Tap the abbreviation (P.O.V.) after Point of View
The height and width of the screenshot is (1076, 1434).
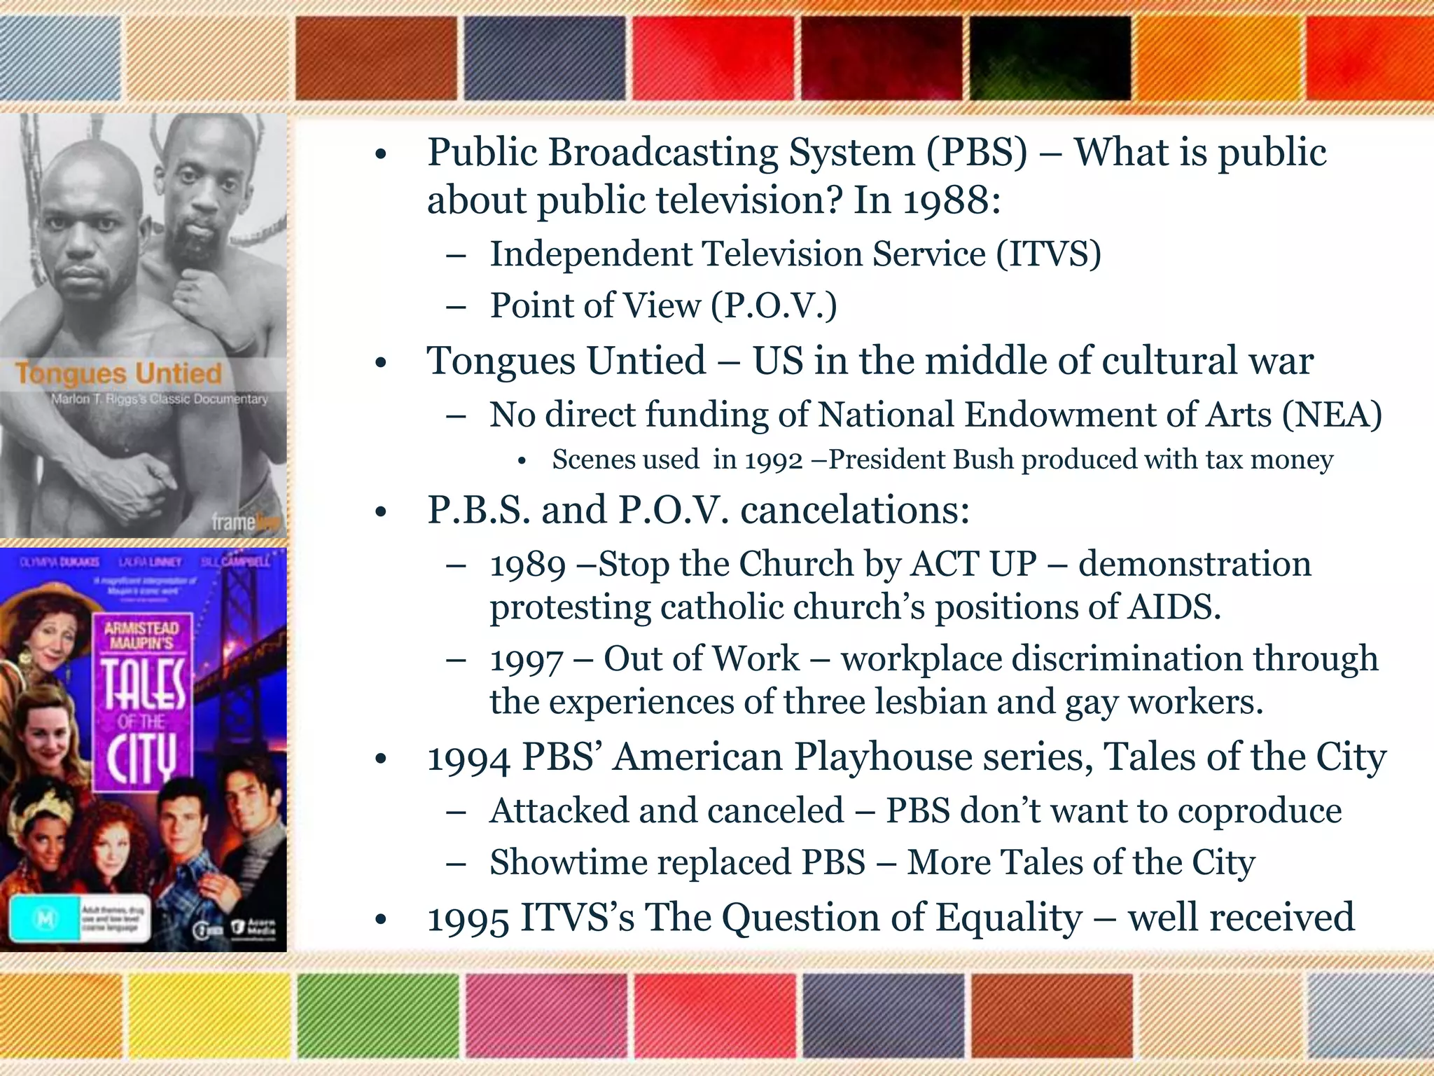pyautogui.click(x=774, y=306)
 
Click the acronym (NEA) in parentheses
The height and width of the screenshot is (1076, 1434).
pyautogui.click(x=1332, y=415)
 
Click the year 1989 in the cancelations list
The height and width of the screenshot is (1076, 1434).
pyautogui.click(x=527, y=565)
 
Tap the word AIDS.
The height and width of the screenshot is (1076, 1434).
pyautogui.click(x=1174, y=607)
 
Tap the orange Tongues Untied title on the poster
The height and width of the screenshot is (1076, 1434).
pyautogui.click(x=118, y=373)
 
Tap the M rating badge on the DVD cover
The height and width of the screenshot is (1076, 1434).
pyautogui.click(x=46, y=919)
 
